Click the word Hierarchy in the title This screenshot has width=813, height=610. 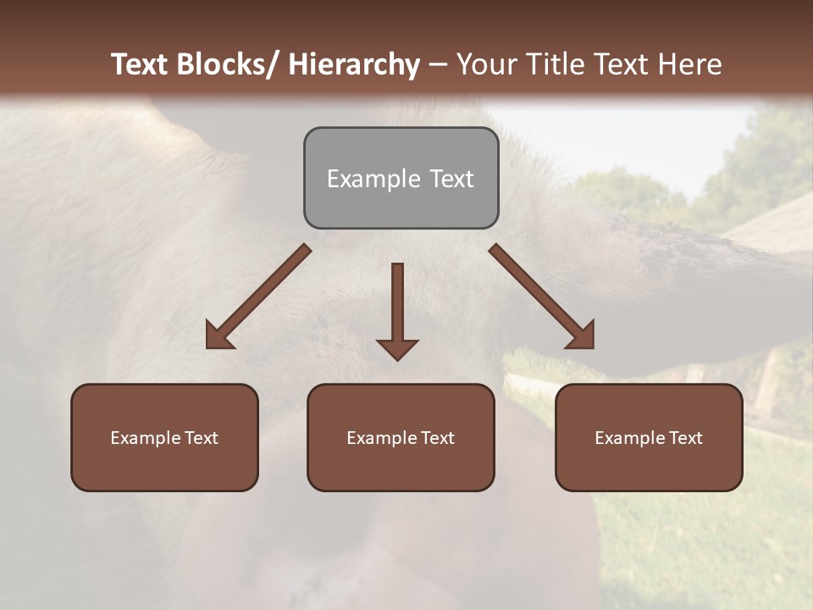click(x=354, y=64)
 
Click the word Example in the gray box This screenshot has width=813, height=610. click(x=373, y=179)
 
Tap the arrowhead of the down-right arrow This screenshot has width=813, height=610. click(x=583, y=337)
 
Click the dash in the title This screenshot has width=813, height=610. click(x=438, y=65)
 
